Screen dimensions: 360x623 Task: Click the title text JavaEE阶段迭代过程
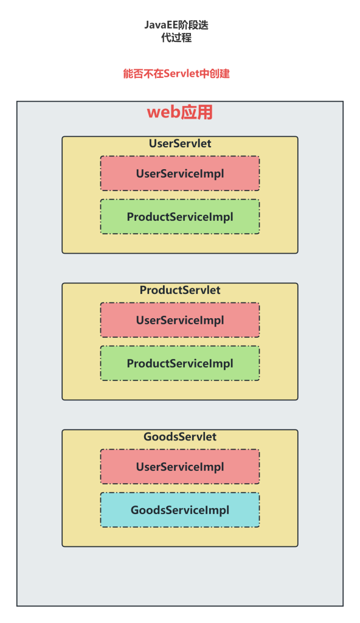[176, 32]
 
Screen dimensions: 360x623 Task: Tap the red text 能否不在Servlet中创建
[176, 74]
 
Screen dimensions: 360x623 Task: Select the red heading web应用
[180, 113]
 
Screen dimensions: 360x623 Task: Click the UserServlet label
[180, 144]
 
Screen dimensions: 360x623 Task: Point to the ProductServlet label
[180, 290]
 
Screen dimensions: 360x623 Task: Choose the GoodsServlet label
[180, 437]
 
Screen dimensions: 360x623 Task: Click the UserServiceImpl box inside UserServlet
[180, 173]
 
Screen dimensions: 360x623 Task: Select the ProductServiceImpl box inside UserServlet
[180, 217]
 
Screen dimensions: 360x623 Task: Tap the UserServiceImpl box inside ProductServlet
[180, 320]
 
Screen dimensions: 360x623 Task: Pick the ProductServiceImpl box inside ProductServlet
[180, 364]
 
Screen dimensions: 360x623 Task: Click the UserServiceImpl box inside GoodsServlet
[180, 467]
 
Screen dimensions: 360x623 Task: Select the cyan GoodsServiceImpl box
[180, 510]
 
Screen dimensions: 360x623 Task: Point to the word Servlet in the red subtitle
[178, 74]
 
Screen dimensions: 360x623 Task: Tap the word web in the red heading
[164, 113]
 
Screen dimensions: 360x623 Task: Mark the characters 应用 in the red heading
[197, 113]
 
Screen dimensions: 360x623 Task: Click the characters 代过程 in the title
[176, 38]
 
